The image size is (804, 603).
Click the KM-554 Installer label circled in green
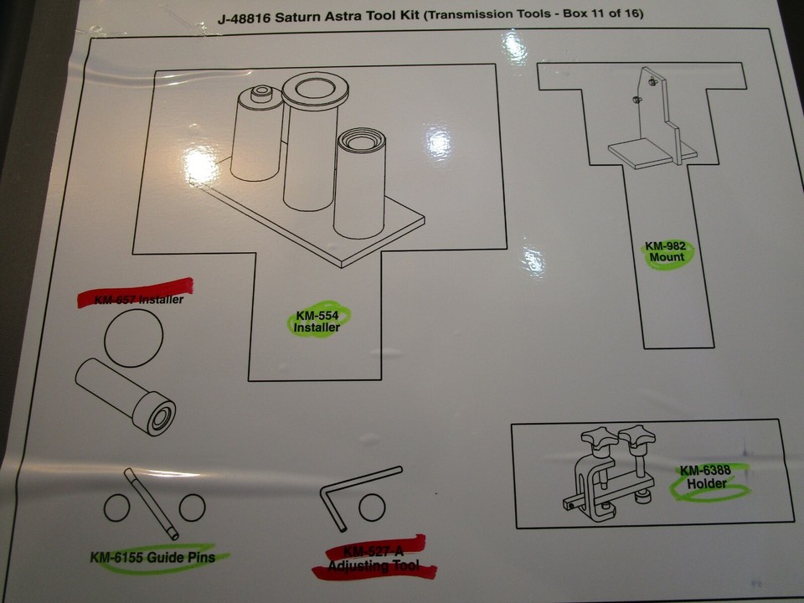tap(317, 322)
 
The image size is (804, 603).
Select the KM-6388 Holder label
tap(705, 477)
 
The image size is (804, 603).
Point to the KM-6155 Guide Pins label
tap(152, 558)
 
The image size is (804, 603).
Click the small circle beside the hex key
tap(371, 507)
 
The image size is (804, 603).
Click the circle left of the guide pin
tap(116, 508)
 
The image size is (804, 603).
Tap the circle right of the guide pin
tap(192, 507)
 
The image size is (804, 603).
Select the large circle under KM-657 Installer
tap(133, 338)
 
